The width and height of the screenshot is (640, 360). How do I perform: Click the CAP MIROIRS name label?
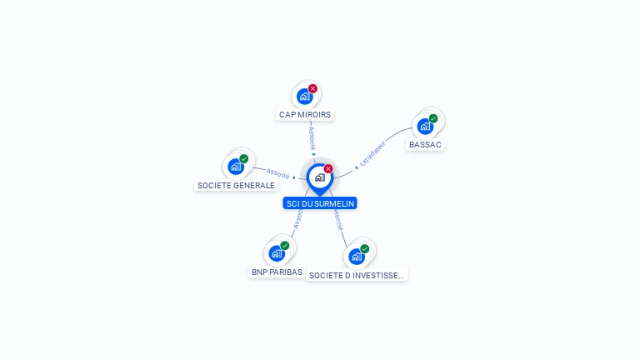coord(305,114)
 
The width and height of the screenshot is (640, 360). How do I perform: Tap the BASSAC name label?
coord(426,144)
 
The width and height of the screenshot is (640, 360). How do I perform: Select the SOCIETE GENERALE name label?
coord(236,185)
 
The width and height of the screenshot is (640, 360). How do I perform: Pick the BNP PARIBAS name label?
coord(277,272)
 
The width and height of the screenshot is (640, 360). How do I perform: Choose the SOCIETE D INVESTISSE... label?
coord(357,275)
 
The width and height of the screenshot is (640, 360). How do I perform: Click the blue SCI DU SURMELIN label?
coord(320,203)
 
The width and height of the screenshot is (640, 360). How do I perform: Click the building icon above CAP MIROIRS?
coord(304,96)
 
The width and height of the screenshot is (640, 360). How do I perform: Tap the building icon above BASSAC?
coord(425,127)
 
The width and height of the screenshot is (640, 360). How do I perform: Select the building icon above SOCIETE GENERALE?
coord(235,166)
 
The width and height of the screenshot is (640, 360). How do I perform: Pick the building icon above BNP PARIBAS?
coord(276,253)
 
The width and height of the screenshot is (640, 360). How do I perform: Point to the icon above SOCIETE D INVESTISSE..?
coord(356,256)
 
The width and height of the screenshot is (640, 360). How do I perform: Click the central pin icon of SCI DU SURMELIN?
coord(319,177)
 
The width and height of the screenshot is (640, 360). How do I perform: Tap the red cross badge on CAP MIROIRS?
coord(312,88)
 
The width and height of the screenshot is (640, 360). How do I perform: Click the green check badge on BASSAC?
coord(433,118)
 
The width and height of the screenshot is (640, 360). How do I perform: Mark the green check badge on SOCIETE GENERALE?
coord(243,158)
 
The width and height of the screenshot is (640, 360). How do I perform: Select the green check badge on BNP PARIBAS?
coord(284,246)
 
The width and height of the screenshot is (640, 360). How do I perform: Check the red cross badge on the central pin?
coord(328,168)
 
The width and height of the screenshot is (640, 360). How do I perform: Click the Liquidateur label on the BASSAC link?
coord(372,152)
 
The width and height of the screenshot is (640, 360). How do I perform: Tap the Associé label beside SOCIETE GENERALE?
coord(277,174)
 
